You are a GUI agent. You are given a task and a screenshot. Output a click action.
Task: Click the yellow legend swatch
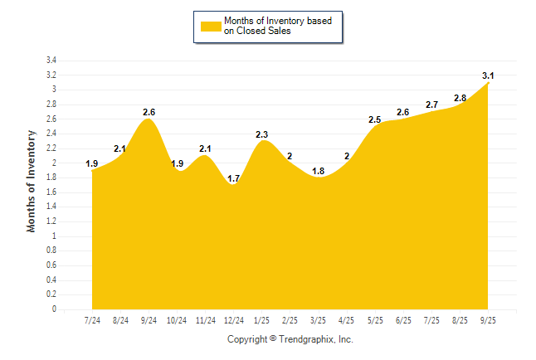pos(211,26)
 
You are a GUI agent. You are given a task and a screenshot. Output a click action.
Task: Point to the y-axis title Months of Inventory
pos(32,181)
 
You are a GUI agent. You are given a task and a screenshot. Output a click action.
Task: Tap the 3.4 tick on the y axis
pos(51,61)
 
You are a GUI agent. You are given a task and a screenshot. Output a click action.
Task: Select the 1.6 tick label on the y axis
pos(51,192)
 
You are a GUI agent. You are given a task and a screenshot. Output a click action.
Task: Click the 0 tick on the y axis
pos(54,309)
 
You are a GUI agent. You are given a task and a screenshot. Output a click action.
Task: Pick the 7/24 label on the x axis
pos(92,320)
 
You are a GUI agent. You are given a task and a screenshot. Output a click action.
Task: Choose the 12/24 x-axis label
pos(235,320)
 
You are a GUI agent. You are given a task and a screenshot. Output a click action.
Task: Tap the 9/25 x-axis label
pos(489,320)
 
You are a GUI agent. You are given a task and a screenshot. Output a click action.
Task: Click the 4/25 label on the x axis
pos(348,320)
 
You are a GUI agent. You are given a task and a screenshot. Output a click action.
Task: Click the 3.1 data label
pos(489,75)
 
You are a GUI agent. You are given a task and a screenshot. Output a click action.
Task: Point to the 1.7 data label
pos(235,178)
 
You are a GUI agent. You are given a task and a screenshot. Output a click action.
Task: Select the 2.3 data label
pos(263,134)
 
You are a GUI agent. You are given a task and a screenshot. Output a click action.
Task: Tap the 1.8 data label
pos(319,171)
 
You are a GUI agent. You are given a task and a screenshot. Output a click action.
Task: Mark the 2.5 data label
pos(375,120)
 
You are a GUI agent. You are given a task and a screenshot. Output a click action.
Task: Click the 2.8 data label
pos(460,98)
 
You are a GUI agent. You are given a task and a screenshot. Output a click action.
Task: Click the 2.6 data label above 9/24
pos(149,112)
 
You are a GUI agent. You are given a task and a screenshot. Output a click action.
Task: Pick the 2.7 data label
pos(432,105)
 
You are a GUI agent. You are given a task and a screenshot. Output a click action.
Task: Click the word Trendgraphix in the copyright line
pos(305,339)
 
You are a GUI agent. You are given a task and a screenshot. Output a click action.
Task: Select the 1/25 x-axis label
pos(263,320)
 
